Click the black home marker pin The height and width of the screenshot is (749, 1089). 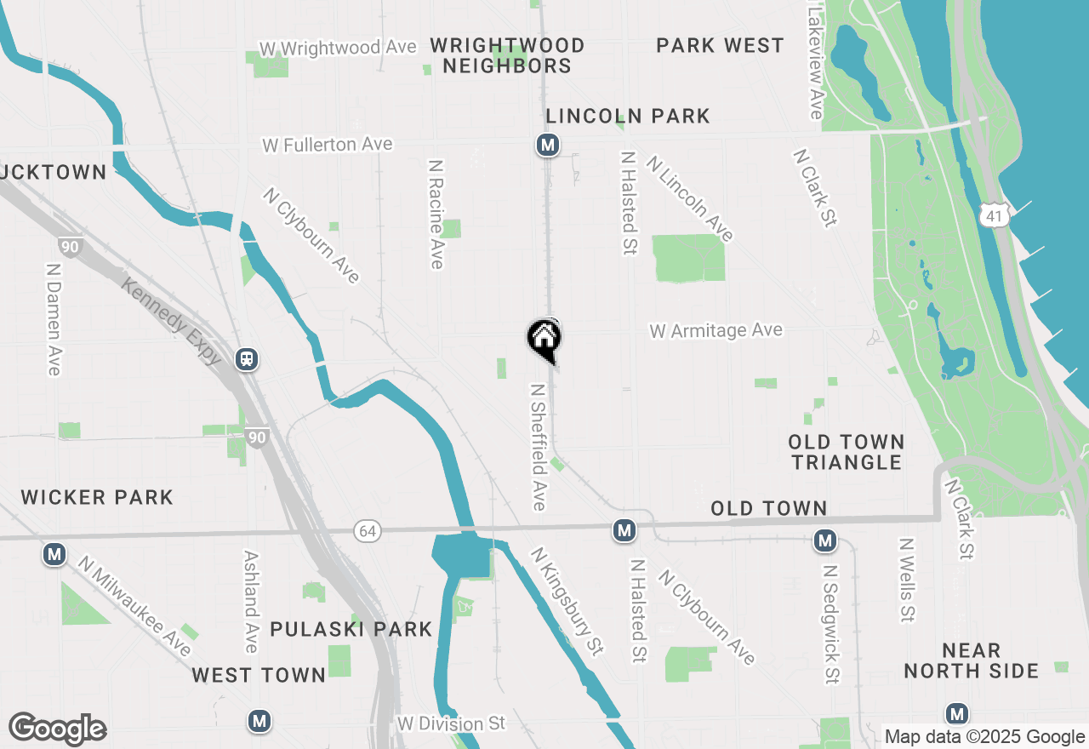click(x=544, y=340)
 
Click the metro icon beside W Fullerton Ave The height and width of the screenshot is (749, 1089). click(x=548, y=146)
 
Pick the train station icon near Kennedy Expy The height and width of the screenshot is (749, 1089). click(x=247, y=359)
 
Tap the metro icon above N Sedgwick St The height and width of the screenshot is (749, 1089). click(x=824, y=540)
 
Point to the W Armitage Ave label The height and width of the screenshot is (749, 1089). click(x=716, y=330)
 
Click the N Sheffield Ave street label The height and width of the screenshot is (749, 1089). click(x=538, y=447)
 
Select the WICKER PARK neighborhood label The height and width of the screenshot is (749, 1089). click(x=97, y=497)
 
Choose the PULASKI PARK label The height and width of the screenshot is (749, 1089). click(x=351, y=630)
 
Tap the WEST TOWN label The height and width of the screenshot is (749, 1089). click(x=259, y=675)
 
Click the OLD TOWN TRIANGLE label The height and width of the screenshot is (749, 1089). click(x=846, y=452)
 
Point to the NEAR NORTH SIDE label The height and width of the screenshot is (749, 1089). click(x=971, y=661)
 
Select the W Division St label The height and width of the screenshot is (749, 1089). click(x=451, y=724)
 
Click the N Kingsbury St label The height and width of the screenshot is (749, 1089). click(x=567, y=601)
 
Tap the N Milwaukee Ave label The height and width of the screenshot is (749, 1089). click(x=134, y=605)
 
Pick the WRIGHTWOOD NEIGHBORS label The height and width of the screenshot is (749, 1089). click(x=508, y=55)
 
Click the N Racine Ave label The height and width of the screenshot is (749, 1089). click(x=436, y=214)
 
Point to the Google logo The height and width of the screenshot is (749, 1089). click(x=58, y=729)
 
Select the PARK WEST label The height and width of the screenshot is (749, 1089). click(x=720, y=46)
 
